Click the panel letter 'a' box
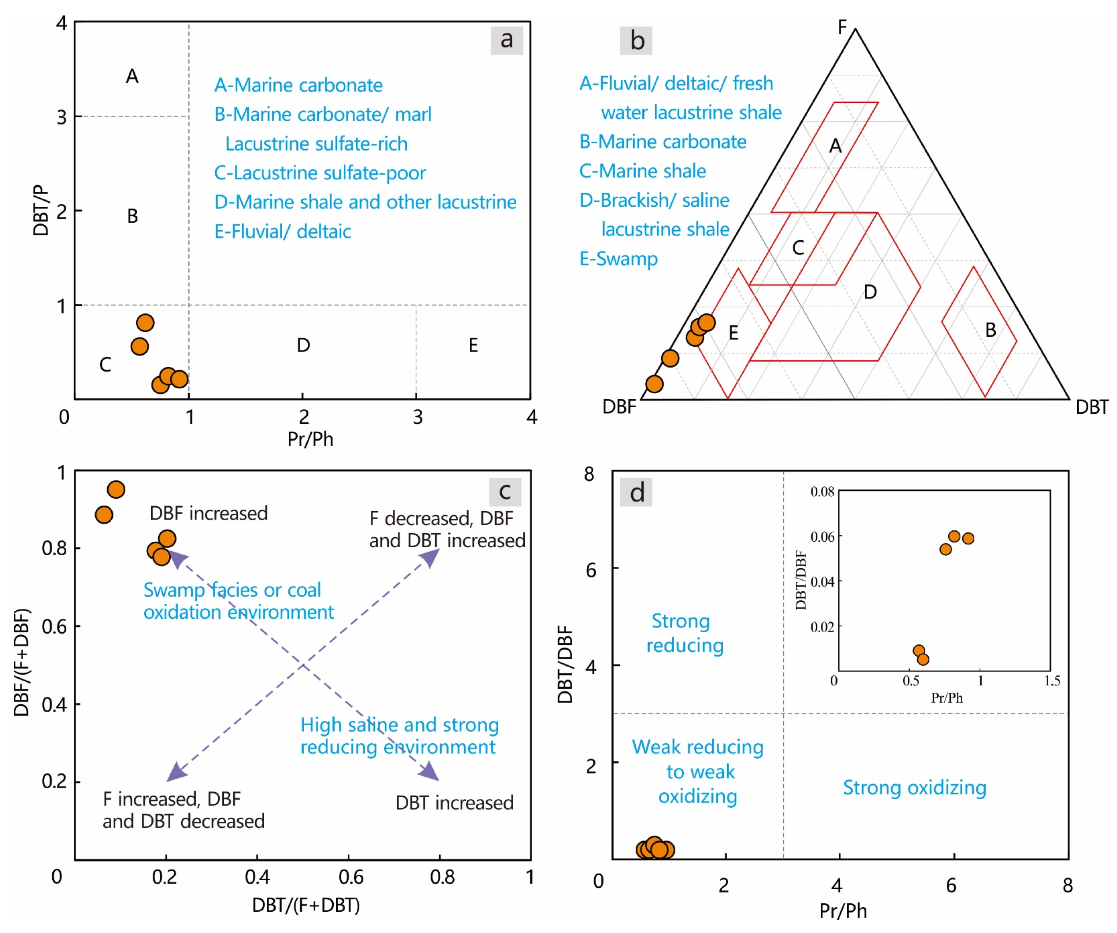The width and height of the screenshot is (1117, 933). coord(506,40)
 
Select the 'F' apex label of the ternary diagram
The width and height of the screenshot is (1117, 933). coord(842,27)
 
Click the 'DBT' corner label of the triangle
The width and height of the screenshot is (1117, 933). coord(1092,408)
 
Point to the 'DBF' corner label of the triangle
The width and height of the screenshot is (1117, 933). coord(619,407)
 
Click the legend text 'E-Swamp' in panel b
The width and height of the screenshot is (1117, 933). coord(618,259)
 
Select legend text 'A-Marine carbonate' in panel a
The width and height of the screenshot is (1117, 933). coord(299,85)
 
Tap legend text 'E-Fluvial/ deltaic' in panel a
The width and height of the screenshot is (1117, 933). coord(282,231)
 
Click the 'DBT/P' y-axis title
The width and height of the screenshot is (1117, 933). coord(41,210)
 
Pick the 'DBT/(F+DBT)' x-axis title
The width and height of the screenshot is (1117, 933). coord(306,905)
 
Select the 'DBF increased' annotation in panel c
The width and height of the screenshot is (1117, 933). coord(209,513)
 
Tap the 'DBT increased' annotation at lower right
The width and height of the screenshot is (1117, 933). coord(454,803)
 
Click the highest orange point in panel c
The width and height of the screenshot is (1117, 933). coord(116,489)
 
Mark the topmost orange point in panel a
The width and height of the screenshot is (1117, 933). coord(145,322)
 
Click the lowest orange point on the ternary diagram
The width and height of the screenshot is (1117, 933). coord(654,384)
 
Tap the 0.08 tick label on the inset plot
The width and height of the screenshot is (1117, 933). coord(822,492)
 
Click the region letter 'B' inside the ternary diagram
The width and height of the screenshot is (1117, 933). coord(990,330)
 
